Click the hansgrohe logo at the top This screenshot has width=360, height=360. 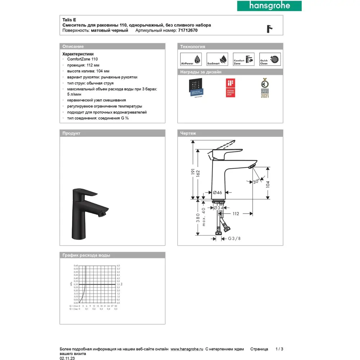(269, 6)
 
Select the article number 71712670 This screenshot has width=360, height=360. (188, 31)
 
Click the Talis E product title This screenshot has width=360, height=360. (69, 20)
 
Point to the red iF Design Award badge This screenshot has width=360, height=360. (230, 88)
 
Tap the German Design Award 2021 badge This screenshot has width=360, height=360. (265, 88)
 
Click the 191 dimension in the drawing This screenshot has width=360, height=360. (193, 173)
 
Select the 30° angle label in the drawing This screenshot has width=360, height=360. (256, 182)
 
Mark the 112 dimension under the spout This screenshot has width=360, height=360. (235, 214)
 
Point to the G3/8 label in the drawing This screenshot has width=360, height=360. (235, 238)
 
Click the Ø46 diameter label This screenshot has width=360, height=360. (217, 193)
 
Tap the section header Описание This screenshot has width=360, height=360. (73, 46)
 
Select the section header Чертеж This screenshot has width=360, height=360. (188, 133)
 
